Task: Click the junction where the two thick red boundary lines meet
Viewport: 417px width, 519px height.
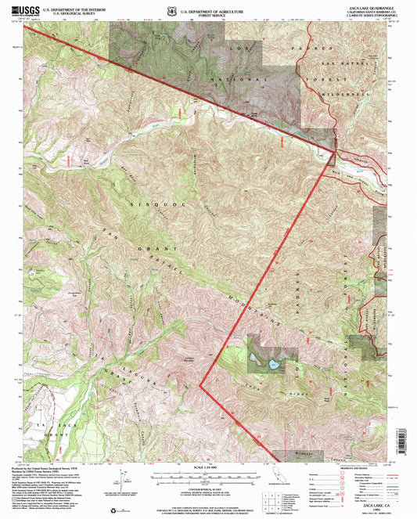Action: click(336, 146)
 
